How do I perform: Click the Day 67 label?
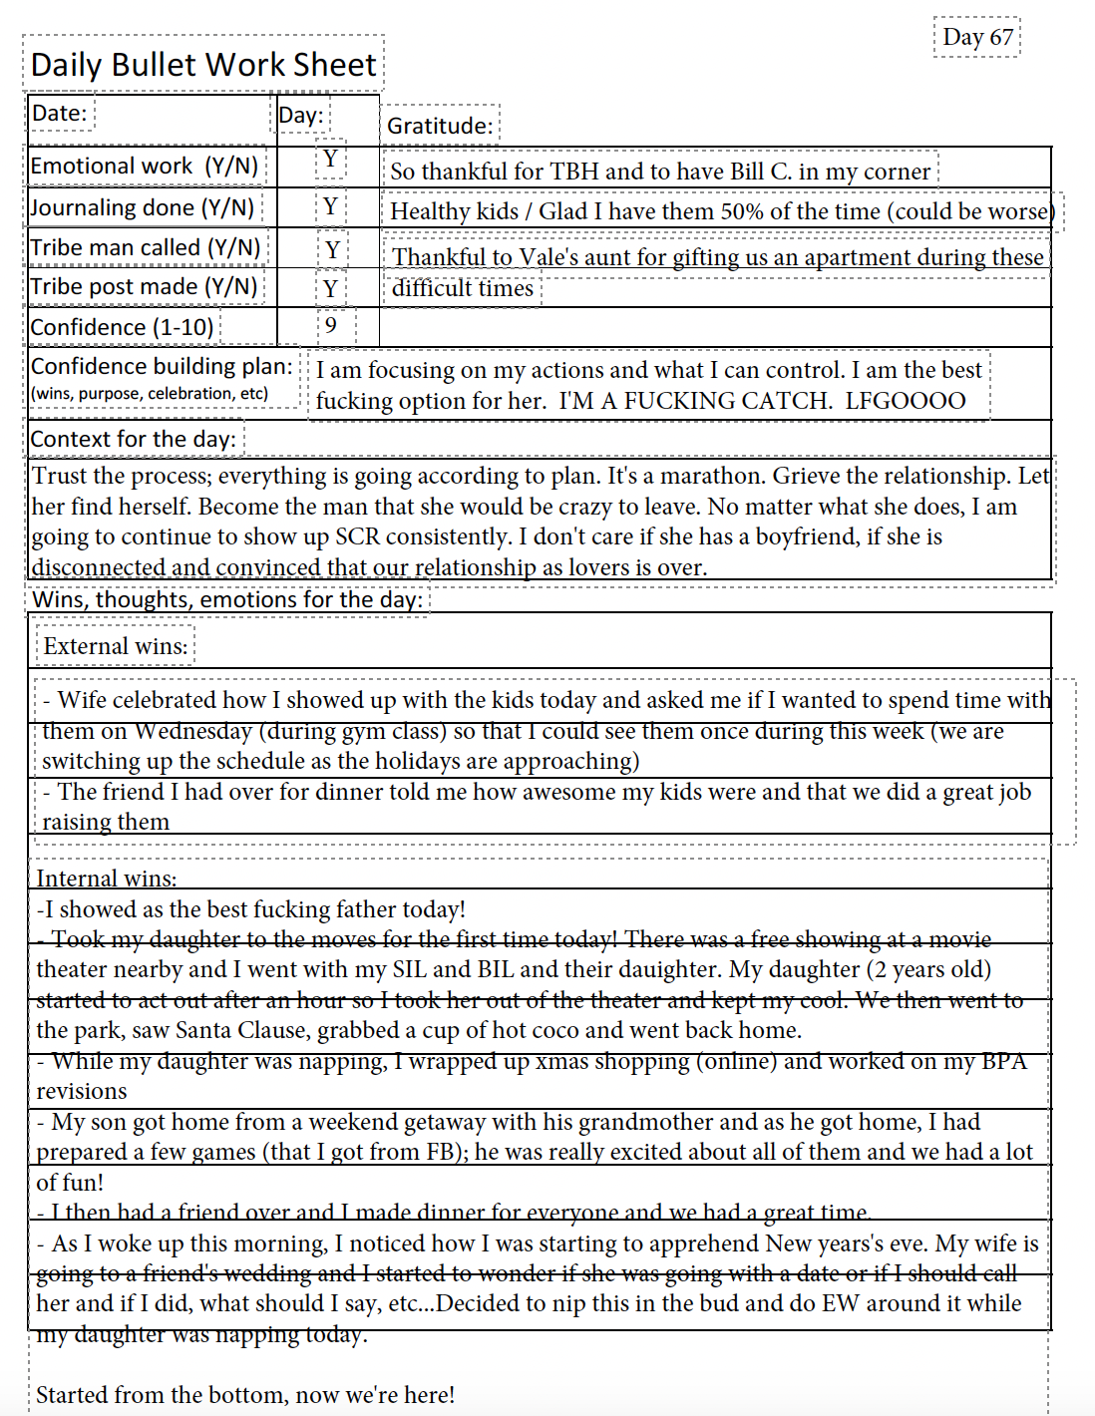tap(977, 38)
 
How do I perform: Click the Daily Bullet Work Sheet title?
tap(203, 65)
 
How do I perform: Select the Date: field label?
tap(60, 114)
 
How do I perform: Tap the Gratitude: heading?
tap(440, 126)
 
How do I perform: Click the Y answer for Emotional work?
tap(330, 160)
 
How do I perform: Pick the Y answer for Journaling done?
tap(330, 206)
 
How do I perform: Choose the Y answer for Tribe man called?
tap(333, 249)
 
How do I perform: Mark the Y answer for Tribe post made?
tap(331, 289)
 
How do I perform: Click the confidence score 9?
tap(331, 325)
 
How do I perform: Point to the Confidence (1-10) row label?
tap(122, 327)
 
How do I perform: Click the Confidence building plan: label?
tap(162, 367)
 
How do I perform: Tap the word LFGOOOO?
tap(906, 401)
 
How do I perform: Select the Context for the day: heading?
tap(134, 439)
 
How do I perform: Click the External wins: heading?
tap(116, 646)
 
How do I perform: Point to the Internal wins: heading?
tap(107, 879)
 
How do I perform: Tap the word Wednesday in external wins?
tap(192, 731)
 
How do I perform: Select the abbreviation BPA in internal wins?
tap(1003, 1061)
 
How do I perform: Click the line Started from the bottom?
tap(245, 1395)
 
